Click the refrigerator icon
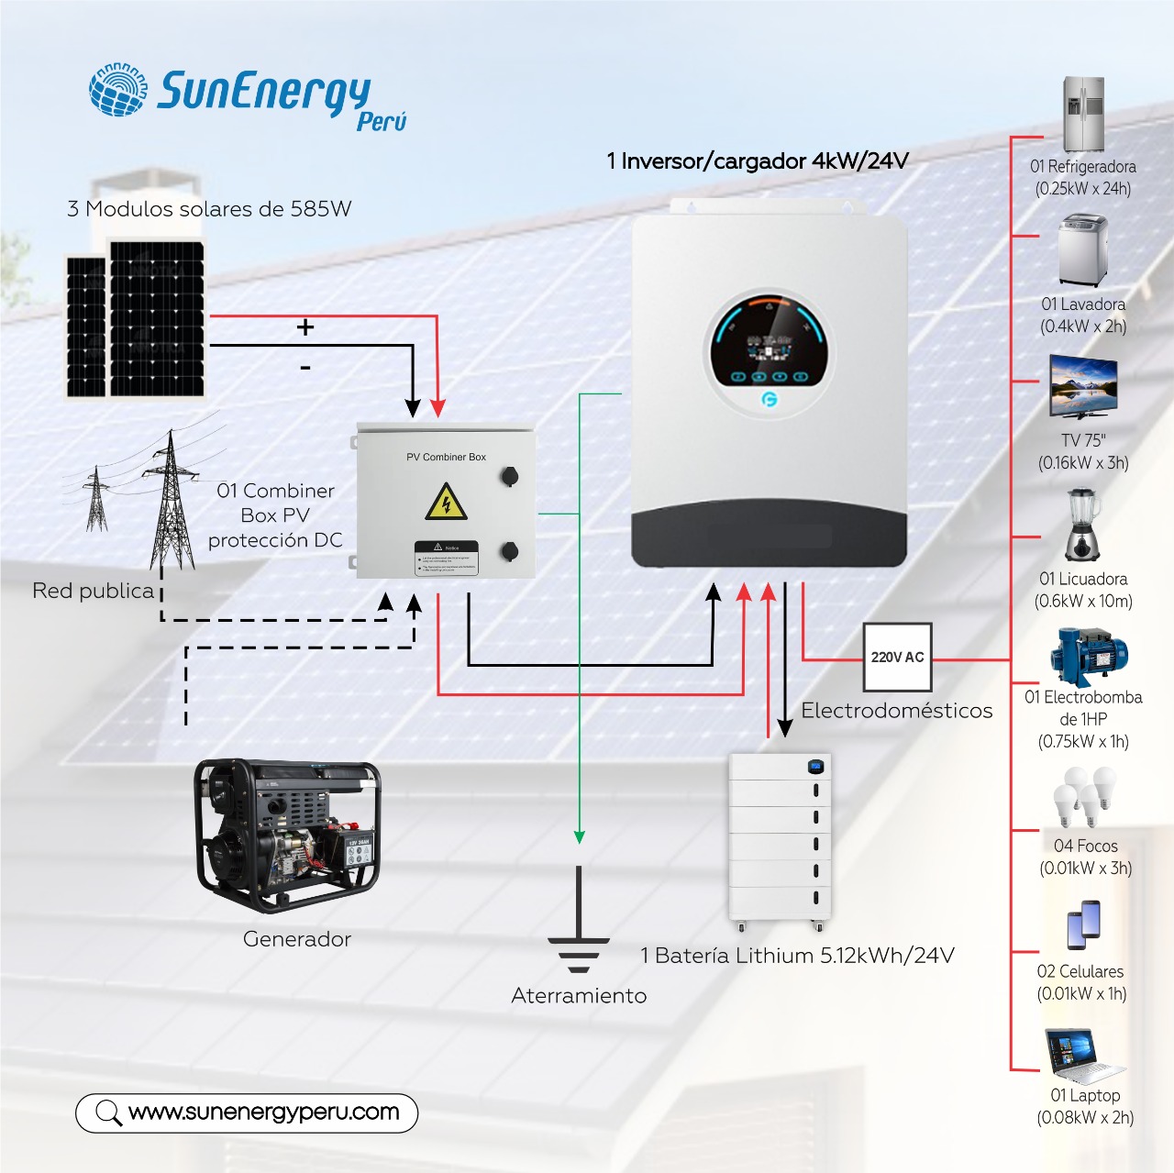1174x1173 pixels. [1083, 114]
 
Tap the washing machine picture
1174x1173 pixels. [1082, 250]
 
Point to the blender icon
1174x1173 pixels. [1082, 524]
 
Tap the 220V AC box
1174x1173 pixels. [897, 657]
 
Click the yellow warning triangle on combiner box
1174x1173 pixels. [447, 503]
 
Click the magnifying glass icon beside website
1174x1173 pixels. [108, 1112]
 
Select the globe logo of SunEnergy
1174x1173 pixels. [118, 90]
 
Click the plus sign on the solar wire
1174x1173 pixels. [305, 327]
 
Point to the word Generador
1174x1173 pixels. [296, 939]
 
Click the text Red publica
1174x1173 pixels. [93, 591]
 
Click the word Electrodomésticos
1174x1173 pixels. [896, 711]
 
